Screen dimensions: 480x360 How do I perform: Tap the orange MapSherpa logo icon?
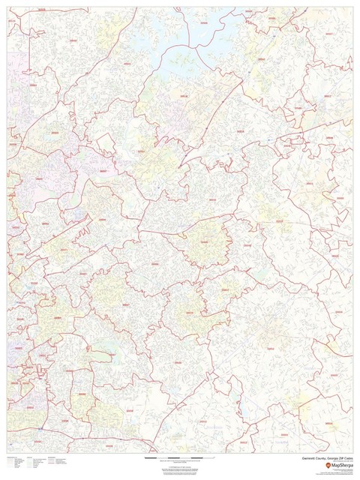pyautogui.click(x=328, y=466)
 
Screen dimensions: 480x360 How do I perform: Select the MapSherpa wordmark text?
pyautogui.click(x=342, y=466)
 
